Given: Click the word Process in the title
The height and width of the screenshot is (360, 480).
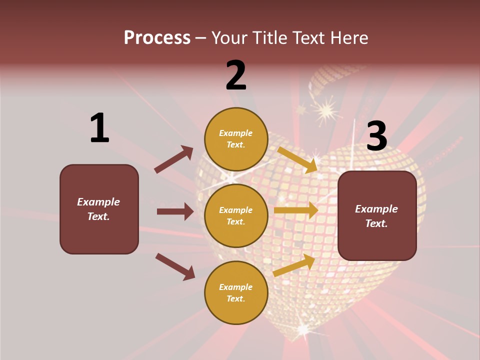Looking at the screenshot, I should [157, 38].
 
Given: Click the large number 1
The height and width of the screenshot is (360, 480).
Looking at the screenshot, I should [99, 128].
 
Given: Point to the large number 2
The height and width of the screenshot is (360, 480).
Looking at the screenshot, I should [236, 75].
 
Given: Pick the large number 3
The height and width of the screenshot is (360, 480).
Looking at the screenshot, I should [377, 136].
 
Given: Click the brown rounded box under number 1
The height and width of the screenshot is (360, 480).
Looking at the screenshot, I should [99, 209].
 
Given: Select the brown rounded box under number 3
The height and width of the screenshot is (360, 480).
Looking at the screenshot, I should [377, 215].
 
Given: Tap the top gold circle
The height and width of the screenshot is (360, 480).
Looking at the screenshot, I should [236, 139].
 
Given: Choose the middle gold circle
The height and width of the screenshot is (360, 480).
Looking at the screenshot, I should [236, 215].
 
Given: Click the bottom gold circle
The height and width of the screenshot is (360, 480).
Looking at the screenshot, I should [236, 292].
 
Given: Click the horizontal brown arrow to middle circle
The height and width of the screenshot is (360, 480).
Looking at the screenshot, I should [175, 211].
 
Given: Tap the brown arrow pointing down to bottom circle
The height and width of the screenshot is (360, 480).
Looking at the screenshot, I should [175, 266].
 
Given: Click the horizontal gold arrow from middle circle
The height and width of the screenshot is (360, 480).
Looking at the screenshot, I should [296, 210].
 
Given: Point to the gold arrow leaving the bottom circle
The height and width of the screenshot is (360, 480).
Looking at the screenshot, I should [294, 265].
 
